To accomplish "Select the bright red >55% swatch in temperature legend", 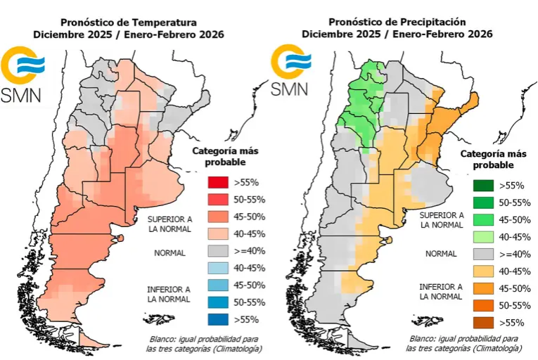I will [x=217, y=183].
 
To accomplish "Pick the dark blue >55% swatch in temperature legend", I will [x=217, y=319].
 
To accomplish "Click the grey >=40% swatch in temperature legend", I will [x=217, y=251].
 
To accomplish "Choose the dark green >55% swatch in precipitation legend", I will [x=482, y=186].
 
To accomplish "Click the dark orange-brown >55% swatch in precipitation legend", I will [x=482, y=323].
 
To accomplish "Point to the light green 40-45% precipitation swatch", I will [x=482, y=238].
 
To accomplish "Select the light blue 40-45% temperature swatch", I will [x=217, y=268].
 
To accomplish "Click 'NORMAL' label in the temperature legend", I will [x=170, y=252].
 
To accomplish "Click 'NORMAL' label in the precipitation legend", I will [x=440, y=254].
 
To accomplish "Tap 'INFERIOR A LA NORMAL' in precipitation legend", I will [x=440, y=292].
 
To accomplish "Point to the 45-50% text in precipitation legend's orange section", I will [x=515, y=288].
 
